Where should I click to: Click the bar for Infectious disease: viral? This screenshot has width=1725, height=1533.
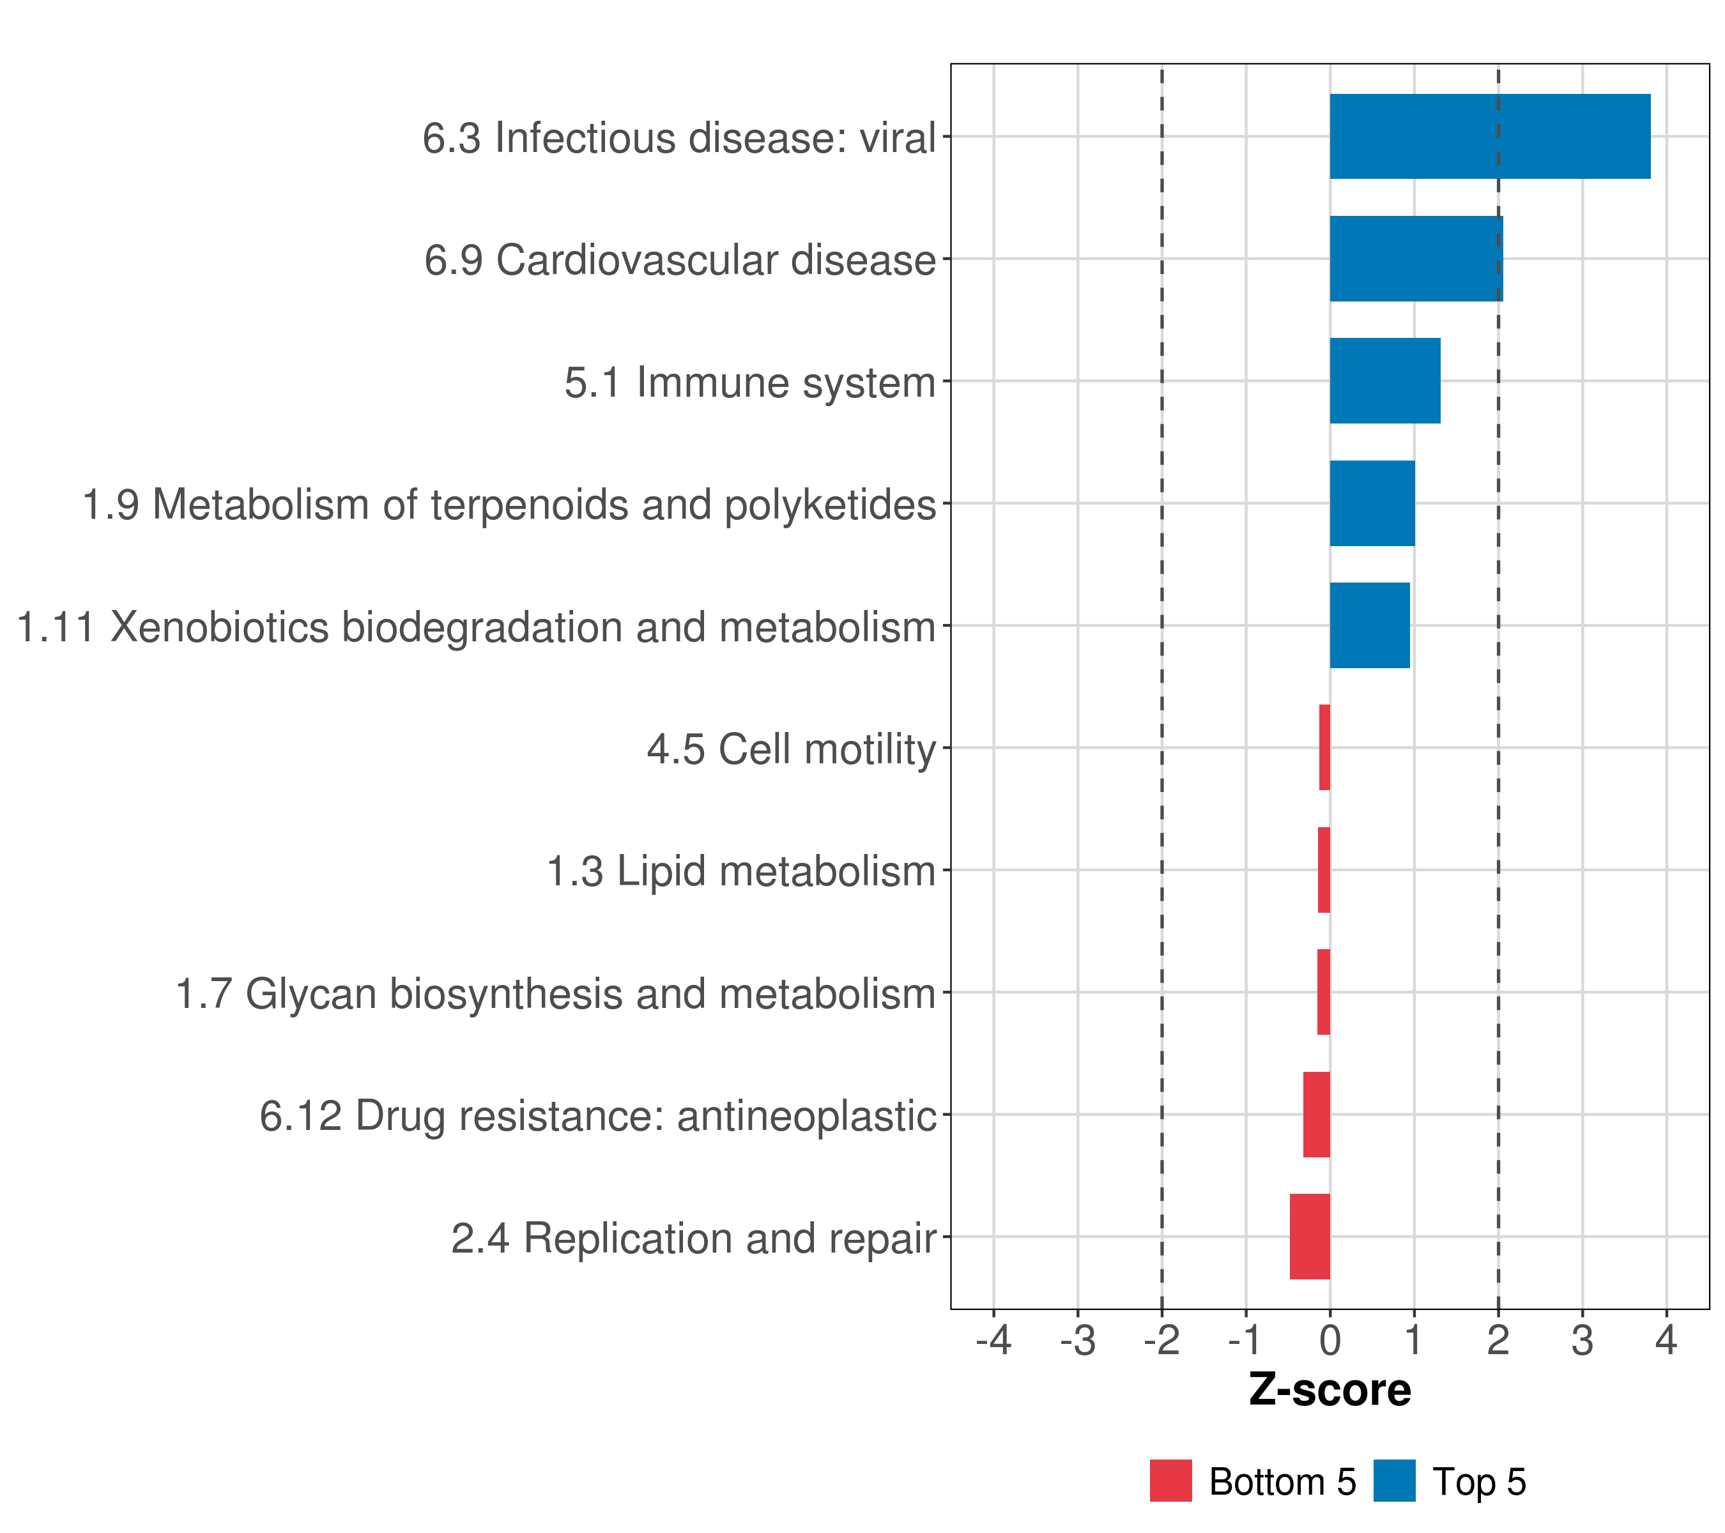(x=1489, y=137)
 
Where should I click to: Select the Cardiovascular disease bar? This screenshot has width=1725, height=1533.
(x=1415, y=259)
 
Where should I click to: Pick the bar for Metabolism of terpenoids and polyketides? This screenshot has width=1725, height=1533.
(x=1372, y=504)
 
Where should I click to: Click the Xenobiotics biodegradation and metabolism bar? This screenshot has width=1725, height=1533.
(x=1369, y=625)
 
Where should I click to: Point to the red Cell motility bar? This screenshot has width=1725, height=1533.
(x=1324, y=747)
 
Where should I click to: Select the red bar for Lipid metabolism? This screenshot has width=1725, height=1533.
(x=1323, y=870)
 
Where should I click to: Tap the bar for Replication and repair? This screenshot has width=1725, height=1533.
(x=1309, y=1237)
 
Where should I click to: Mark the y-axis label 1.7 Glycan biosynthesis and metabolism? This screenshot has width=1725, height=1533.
(x=555, y=994)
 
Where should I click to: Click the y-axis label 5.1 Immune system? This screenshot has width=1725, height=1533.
(x=750, y=382)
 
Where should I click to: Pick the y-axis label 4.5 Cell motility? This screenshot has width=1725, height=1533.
(x=792, y=749)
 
